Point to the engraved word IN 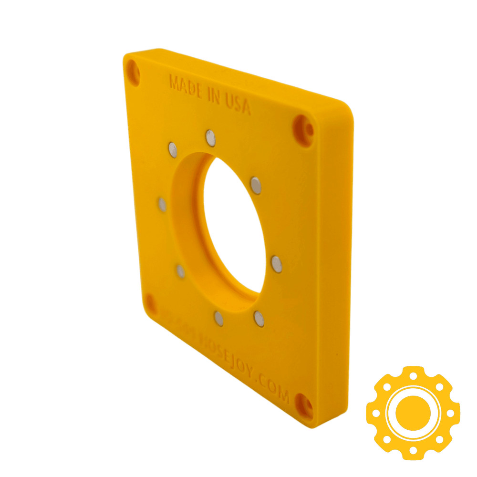tap(213, 97)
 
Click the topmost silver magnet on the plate tap(210, 138)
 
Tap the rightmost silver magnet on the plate tap(277, 264)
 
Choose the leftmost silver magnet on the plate tap(163, 205)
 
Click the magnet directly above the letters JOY tap(259, 319)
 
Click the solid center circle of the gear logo tap(413, 412)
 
